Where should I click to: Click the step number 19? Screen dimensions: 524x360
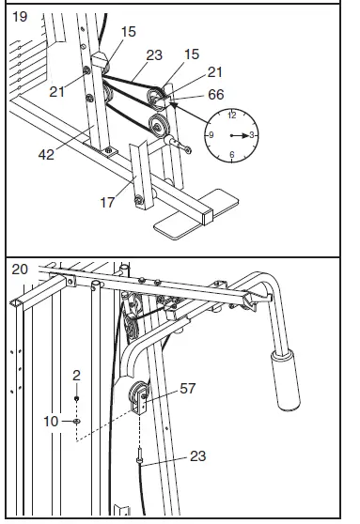20,16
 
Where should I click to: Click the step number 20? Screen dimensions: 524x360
20,269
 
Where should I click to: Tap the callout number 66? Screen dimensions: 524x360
215,95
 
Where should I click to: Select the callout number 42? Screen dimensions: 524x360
47,154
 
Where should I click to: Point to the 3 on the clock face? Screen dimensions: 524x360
251,135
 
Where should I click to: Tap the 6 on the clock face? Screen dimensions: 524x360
231,155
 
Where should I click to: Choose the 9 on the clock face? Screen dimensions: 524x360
211,135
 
